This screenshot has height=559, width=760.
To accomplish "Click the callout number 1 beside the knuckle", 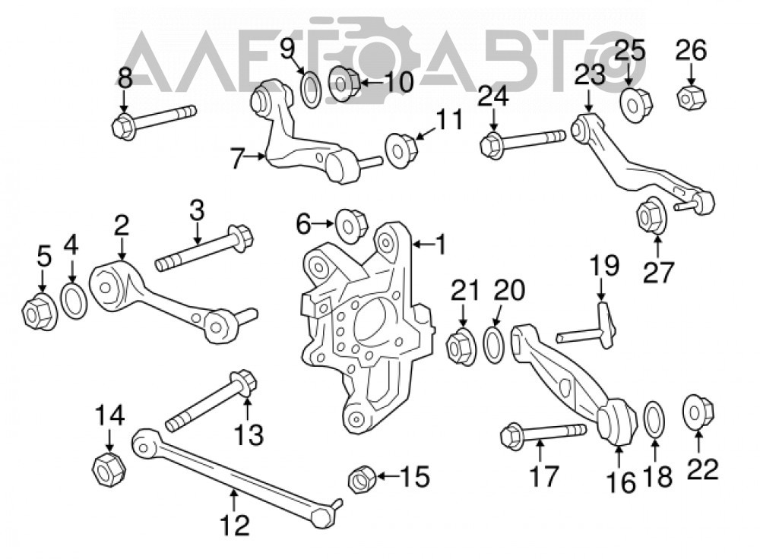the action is click(x=441, y=245).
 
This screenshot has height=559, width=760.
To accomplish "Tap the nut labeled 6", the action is click(x=351, y=226).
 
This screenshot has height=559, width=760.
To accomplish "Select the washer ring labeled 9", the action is click(x=311, y=88).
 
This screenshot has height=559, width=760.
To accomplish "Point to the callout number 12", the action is click(x=235, y=525).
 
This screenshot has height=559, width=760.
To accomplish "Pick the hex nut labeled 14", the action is click(x=109, y=469).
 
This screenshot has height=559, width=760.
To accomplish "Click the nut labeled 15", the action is click(x=362, y=478).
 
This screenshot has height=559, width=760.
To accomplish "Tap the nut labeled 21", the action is click(x=461, y=346).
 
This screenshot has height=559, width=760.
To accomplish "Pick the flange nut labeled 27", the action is click(x=651, y=216).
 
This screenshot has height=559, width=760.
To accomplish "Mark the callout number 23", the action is click(x=590, y=75).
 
